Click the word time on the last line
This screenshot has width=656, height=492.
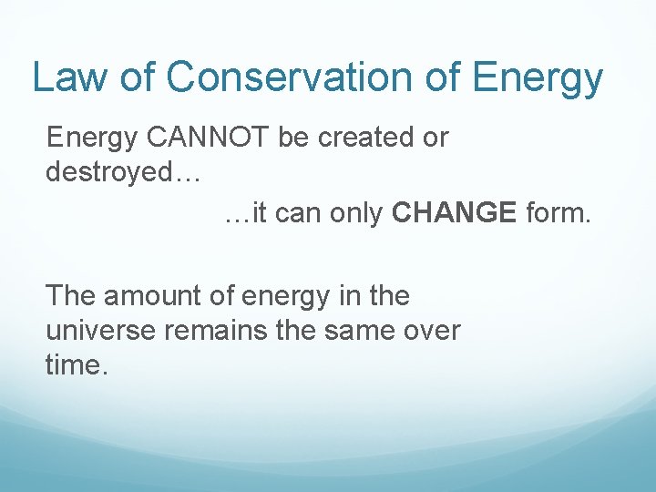coord(75,364)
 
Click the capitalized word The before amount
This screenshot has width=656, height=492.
coord(72,296)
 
